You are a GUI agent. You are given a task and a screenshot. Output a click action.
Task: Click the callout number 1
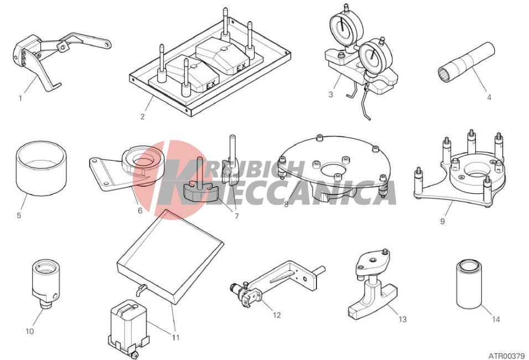point(20,99)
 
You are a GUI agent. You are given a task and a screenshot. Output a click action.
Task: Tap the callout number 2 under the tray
point(142,117)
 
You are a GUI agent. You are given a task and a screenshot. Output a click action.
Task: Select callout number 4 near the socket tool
point(489,97)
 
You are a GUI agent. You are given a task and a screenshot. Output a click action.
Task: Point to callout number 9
point(442,221)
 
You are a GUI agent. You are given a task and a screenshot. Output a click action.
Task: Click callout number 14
point(496,319)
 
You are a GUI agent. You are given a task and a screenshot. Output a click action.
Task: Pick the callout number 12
point(277,315)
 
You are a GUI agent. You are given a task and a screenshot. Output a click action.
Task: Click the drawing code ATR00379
point(506,356)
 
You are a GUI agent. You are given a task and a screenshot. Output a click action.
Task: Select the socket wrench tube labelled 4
point(466,62)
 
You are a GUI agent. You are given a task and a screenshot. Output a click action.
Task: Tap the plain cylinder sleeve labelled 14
point(469,284)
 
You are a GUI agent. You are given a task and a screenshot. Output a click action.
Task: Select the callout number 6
point(140,210)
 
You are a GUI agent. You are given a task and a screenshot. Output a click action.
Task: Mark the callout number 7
point(236,216)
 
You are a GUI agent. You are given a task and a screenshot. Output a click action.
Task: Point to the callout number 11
point(175,337)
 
